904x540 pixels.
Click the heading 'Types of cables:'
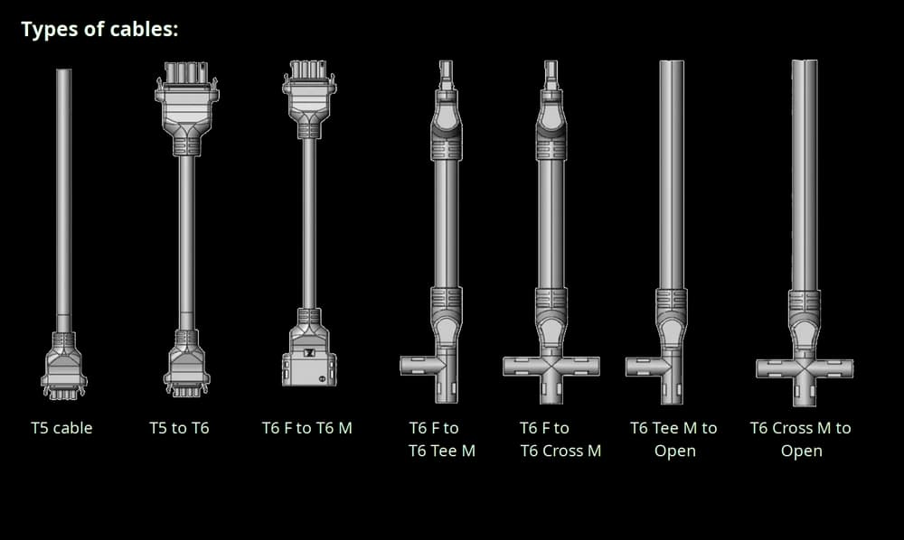tap(99, 30)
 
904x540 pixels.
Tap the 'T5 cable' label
tap(61, 428)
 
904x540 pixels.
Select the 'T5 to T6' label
tap(179, 428)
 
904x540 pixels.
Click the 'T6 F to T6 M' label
tap(306, 428)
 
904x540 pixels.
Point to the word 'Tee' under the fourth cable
tap(443, 451)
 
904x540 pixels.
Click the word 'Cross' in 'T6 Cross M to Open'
tap(793, 428)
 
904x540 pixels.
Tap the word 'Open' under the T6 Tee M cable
tap(674, 451)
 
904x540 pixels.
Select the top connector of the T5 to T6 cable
tap(187, 108)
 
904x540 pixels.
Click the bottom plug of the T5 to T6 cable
tap(187, 363)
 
